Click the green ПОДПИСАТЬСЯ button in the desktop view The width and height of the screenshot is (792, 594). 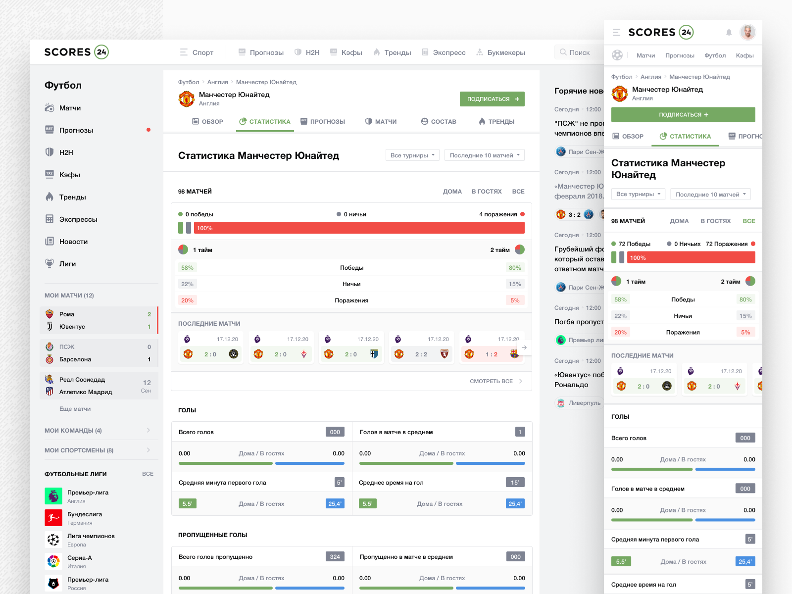click(x=492, y=99)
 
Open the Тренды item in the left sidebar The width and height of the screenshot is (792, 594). click(x=72, y=197)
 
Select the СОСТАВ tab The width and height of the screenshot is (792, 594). click(x=439, y=122)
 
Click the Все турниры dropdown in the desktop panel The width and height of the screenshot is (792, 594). click(x=412, y=155)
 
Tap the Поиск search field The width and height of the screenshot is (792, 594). click(x=579, y=52)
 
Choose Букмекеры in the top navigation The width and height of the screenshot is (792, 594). click(x=501, y=52)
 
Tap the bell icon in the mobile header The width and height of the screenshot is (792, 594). click(x=729, y=32)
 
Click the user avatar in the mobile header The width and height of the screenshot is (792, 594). click(x=747, y=32)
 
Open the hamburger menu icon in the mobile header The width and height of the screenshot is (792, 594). click(x=616, y=32)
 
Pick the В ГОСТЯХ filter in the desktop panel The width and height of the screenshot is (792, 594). click(x=486, y=192)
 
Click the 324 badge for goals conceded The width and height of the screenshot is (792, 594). click(x=335, y=557)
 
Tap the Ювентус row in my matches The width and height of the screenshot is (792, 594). click(x=72, y=327)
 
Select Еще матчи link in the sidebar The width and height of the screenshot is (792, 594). click(x=75, y=409)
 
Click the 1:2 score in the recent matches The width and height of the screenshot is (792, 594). click(x=492, y=354)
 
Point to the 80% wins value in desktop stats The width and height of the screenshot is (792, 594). click(x=515, y=268)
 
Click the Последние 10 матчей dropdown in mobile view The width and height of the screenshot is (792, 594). click(x=710, y=195)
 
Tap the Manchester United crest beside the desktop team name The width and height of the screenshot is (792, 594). click(x=187, y=99)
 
